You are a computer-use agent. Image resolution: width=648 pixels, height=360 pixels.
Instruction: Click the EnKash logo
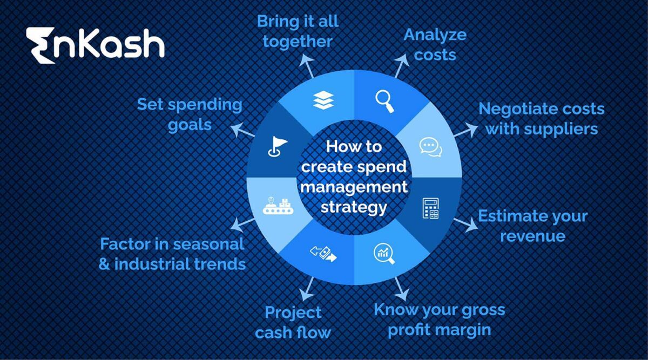pyautogui.click(x=94, y=45)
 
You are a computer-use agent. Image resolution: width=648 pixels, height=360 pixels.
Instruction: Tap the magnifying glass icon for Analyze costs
pyautogui.click(x=384, y=101)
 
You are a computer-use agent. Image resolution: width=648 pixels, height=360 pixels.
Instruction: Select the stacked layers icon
pyautogui.click(x=323, y=101)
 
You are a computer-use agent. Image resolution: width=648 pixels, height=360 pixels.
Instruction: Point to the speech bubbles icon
pyautogui.click(x=430, y=147)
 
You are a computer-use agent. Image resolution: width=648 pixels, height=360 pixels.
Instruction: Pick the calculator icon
pyautogui.click(x=430, y=208)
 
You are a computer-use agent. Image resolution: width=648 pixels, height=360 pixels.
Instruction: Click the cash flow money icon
pyautogui.click(x=323, y=253)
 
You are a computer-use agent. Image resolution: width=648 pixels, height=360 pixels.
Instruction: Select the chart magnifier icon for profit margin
pyautogui.click(x=384, y=253)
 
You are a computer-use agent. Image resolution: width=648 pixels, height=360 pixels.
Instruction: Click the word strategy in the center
pyautogui.click(x=354, y=207)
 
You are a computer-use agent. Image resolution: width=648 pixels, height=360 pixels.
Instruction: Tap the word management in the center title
pyautogui.click(x=354, y=187)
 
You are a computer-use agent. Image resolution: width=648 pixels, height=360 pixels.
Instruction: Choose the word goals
pyautogui.click(x=189, y=125)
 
